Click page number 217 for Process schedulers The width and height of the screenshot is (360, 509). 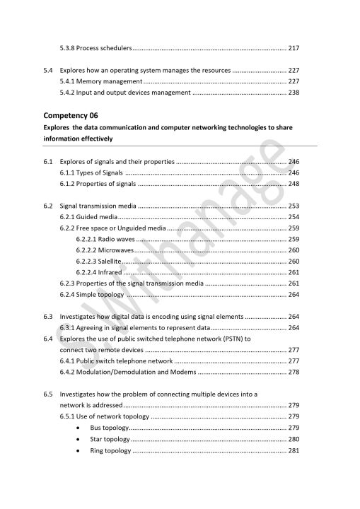tap(294, 48)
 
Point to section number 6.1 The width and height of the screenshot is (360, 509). tap(49, 162)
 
